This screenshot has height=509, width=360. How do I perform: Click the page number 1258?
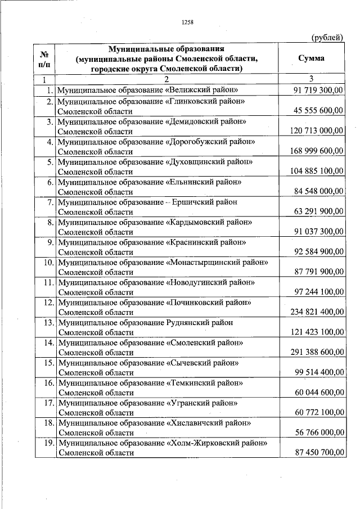[x=187, y=22]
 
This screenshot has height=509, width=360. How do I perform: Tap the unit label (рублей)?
[x=327, y=38]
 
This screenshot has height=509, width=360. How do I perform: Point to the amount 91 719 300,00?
[x=318, y=90]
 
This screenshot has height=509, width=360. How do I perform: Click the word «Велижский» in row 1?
[x=190, y=90]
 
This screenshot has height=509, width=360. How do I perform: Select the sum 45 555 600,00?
[x=318, y=111]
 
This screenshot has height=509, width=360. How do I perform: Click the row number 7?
[x=50, y=202]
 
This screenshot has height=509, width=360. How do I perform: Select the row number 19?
[x=48, y=443]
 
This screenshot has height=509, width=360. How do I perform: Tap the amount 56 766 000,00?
[x=318, y=433]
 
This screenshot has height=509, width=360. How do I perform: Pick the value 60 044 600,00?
[x=318, y=393]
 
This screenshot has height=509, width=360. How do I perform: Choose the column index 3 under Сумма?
[x=311, y=79]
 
